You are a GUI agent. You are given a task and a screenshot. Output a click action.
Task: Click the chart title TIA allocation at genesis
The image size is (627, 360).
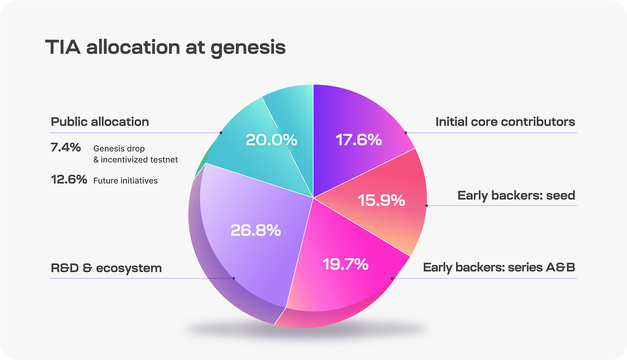tap(165, 47)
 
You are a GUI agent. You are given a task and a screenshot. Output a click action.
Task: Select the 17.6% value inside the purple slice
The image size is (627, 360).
tap(359, 140)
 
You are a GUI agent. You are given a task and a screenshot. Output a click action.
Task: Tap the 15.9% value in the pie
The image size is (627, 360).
tap(382, 200)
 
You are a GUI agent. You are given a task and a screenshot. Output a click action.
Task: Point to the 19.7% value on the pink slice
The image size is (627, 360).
tap(345, 264)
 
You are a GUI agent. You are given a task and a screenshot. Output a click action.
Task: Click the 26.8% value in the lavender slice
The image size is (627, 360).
tap(256, 230)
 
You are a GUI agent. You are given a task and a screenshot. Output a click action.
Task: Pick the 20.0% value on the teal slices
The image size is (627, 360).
tap(271, 140)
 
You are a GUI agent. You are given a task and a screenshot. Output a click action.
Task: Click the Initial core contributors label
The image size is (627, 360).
tap(505, 122)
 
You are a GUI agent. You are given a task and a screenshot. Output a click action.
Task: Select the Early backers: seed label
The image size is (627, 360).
tap(516, 196)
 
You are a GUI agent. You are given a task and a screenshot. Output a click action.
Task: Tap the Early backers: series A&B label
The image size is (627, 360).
tap(499, 267)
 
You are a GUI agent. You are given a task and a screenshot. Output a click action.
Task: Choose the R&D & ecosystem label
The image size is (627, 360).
tap(106, 268)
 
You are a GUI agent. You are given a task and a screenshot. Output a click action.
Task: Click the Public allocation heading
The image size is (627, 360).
tap(100, 122)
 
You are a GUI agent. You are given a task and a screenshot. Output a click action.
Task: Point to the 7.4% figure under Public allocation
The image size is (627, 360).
tap(66, 148)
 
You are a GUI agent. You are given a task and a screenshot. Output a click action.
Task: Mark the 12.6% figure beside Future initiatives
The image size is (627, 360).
tap(69, 179)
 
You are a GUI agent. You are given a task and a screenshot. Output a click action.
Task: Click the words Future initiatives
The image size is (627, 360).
tap(125, 181)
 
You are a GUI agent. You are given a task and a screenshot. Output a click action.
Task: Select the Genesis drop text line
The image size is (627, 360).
tap(119, 149)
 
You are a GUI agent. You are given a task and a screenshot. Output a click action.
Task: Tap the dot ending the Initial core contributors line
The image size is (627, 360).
tap(406, 133)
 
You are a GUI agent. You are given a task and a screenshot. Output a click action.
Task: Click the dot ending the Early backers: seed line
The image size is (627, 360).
tap(427, 205)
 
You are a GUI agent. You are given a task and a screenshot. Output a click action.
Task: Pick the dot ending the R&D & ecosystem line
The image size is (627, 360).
tap(233, 278)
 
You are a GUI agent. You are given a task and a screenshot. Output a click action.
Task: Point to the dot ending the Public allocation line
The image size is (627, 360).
tap(221, 133)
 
